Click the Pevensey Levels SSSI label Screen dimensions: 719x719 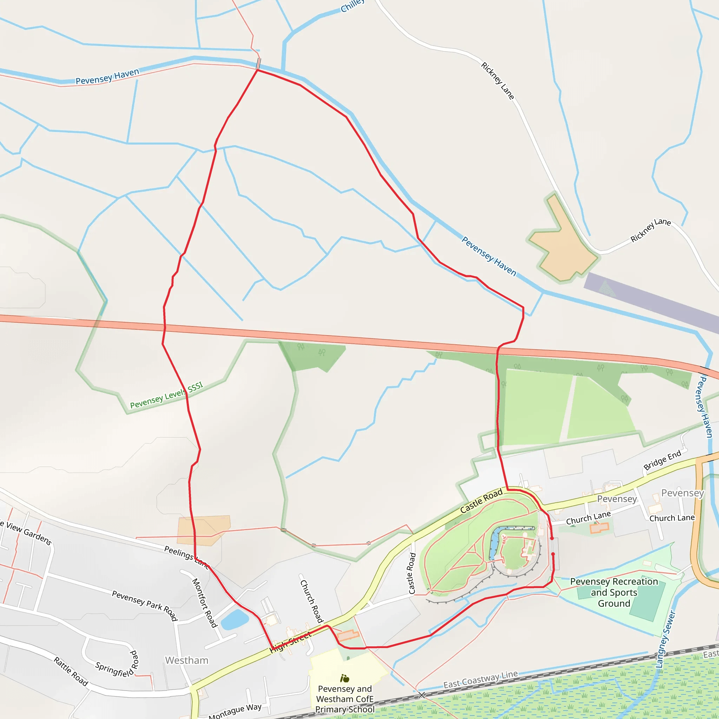pos(166,395)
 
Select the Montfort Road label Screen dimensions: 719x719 pos(204,602)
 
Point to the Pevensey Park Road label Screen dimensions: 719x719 pos(145,605)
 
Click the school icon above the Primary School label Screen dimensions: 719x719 pos(345,678)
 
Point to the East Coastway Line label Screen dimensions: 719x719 pos(481,679)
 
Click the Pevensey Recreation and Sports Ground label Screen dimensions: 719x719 pos(614,592)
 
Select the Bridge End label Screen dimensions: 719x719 pos(662,460)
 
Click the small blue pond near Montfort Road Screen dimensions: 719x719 pos(235,619)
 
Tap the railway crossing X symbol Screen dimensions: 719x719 pos(421,695)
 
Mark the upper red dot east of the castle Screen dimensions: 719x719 pos(552,538)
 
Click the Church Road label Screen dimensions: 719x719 pos(311,601)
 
